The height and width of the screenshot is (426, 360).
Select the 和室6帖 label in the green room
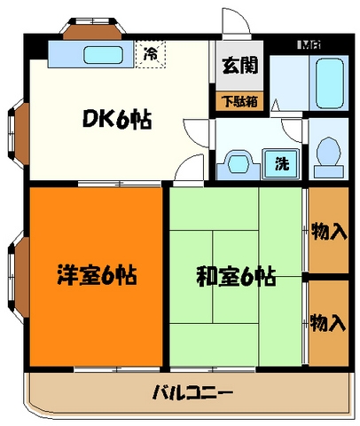[x=236, y=276]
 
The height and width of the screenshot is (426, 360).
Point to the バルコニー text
[x=192, y=392]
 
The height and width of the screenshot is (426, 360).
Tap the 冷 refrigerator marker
[x=150, y=54]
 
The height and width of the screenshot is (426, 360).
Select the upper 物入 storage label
[x=329, y=233]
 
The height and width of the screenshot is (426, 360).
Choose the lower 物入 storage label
[x=329, y=320]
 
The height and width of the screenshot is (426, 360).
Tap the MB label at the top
[x=308, y=42]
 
